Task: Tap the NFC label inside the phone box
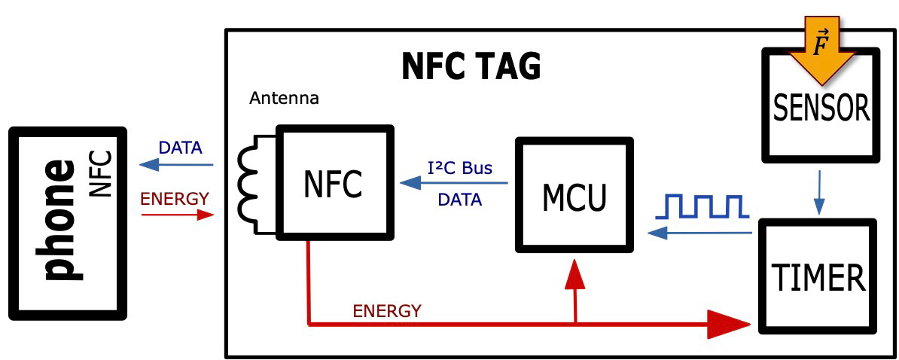tap(100, 174)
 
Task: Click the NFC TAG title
tap(471, 67)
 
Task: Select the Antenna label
tap(284, 99)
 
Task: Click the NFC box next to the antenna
tap(334, 183)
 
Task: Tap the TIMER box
tap(818, 276)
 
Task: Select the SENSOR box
tap(821, 109)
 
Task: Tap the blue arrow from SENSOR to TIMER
tap(819, 193)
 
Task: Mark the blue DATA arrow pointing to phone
tap(176, 165)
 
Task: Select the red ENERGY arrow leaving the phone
tap(176, 215)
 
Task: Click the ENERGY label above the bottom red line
tap(387, 310)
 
